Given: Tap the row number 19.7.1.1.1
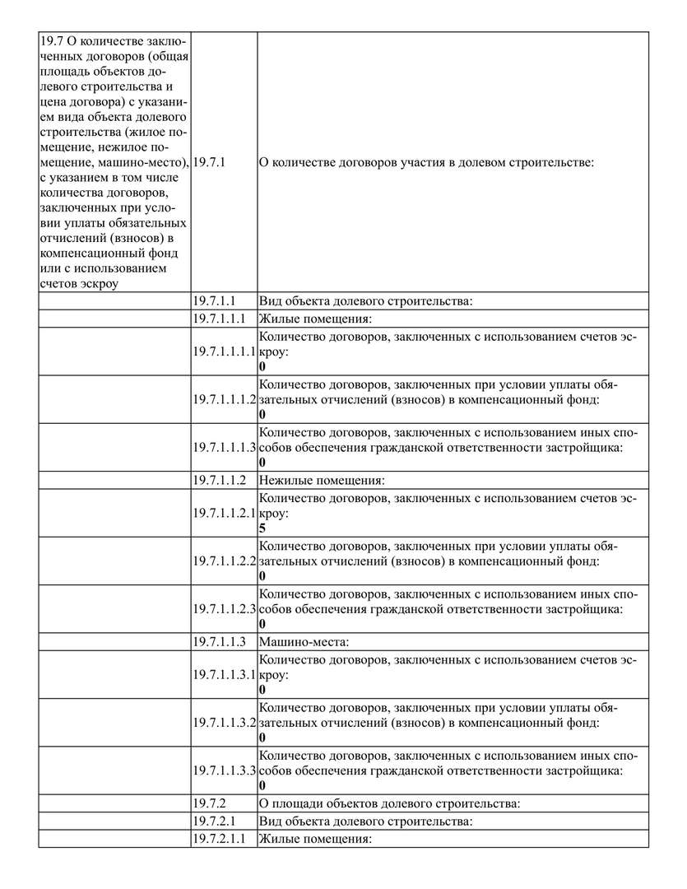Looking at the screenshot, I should [x=220, y=319].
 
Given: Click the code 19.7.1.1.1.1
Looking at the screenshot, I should [x=225, y=351].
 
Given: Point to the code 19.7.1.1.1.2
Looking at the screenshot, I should [x=225, y=399].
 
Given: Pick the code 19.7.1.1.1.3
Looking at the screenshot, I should [x=225, y=447].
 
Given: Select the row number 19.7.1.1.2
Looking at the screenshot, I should [x=220, y=480].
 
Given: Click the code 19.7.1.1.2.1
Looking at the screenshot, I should [x=225, y=512].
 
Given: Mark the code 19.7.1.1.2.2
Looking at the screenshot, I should [x=225, y=561].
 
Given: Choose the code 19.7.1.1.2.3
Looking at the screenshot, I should [x=225, y=608].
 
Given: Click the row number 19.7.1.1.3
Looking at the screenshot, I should [x=220, y=641].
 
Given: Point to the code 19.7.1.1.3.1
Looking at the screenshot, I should [x=225, y=673].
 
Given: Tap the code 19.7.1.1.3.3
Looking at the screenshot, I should [x=225, y=770].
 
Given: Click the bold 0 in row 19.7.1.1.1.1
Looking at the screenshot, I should [x=262, y=366].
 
